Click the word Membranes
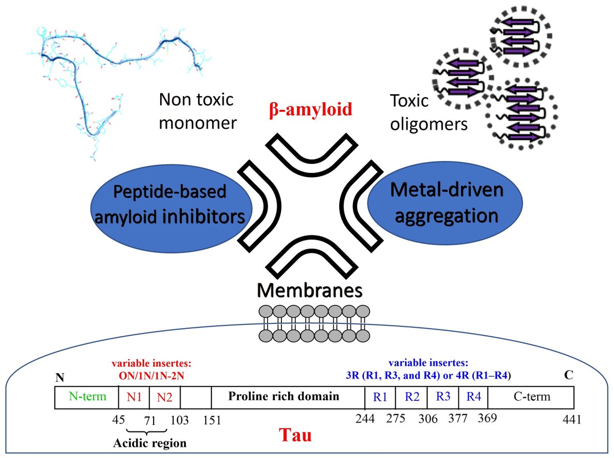310,290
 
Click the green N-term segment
86,397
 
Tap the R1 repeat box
380,397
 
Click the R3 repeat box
443,397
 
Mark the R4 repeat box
473,397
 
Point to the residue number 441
572,420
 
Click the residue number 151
211,421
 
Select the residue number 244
365,419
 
